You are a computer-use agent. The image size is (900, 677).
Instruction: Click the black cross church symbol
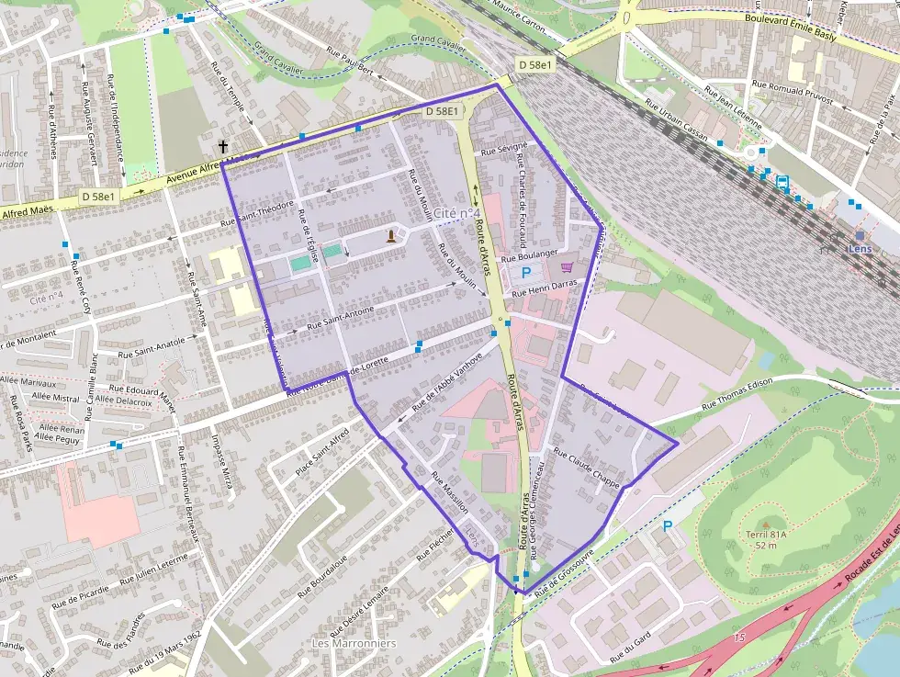point(223,146)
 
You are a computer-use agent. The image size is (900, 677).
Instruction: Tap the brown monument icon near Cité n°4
point(392,236)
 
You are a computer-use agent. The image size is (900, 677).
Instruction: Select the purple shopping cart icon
point(567,266)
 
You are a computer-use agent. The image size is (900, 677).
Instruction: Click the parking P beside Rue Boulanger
point(526,272)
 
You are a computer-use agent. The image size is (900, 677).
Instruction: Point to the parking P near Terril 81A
point(668,526)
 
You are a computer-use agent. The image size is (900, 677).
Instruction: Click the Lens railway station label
point(859,249)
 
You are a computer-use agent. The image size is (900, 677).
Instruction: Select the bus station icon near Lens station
point(782,182)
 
